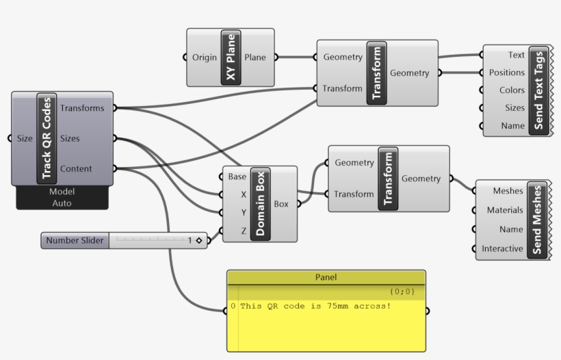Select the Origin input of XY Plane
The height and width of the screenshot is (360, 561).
(x=205, y=57)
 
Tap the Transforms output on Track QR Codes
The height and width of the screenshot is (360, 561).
(x=82, y=107)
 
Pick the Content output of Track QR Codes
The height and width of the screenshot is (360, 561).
(x=77, y=168)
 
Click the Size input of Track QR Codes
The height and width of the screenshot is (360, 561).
(x=25, y=138)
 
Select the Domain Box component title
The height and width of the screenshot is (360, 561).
(x=261, y=203)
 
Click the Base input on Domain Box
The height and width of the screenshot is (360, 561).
(x=237, y=177)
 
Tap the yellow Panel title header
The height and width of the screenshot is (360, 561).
(x=326, y=277)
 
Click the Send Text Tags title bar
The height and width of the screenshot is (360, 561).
(x=538, y=90)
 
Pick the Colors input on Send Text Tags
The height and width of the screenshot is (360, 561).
(x=511, y=90)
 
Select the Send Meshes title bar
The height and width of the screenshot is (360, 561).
(x=536, y=220)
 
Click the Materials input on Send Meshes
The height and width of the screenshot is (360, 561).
(x=505, y=210)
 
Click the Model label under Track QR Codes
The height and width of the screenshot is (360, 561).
(x=62, y=192)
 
